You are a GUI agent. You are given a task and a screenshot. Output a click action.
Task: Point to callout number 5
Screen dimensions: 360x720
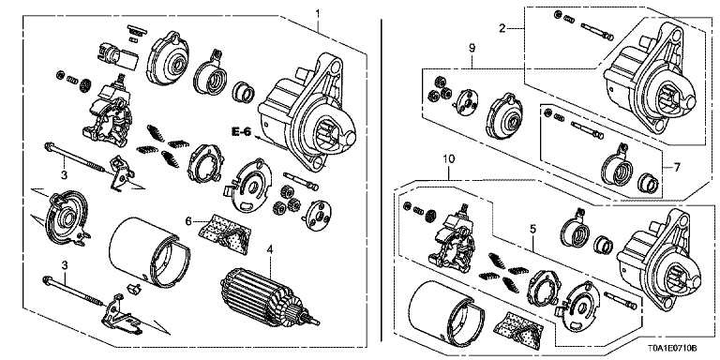point(532,227)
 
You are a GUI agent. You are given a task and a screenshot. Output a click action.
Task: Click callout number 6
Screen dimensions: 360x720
point(188,220)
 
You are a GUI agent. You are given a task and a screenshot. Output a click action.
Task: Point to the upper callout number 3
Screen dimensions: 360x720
point(63,174)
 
